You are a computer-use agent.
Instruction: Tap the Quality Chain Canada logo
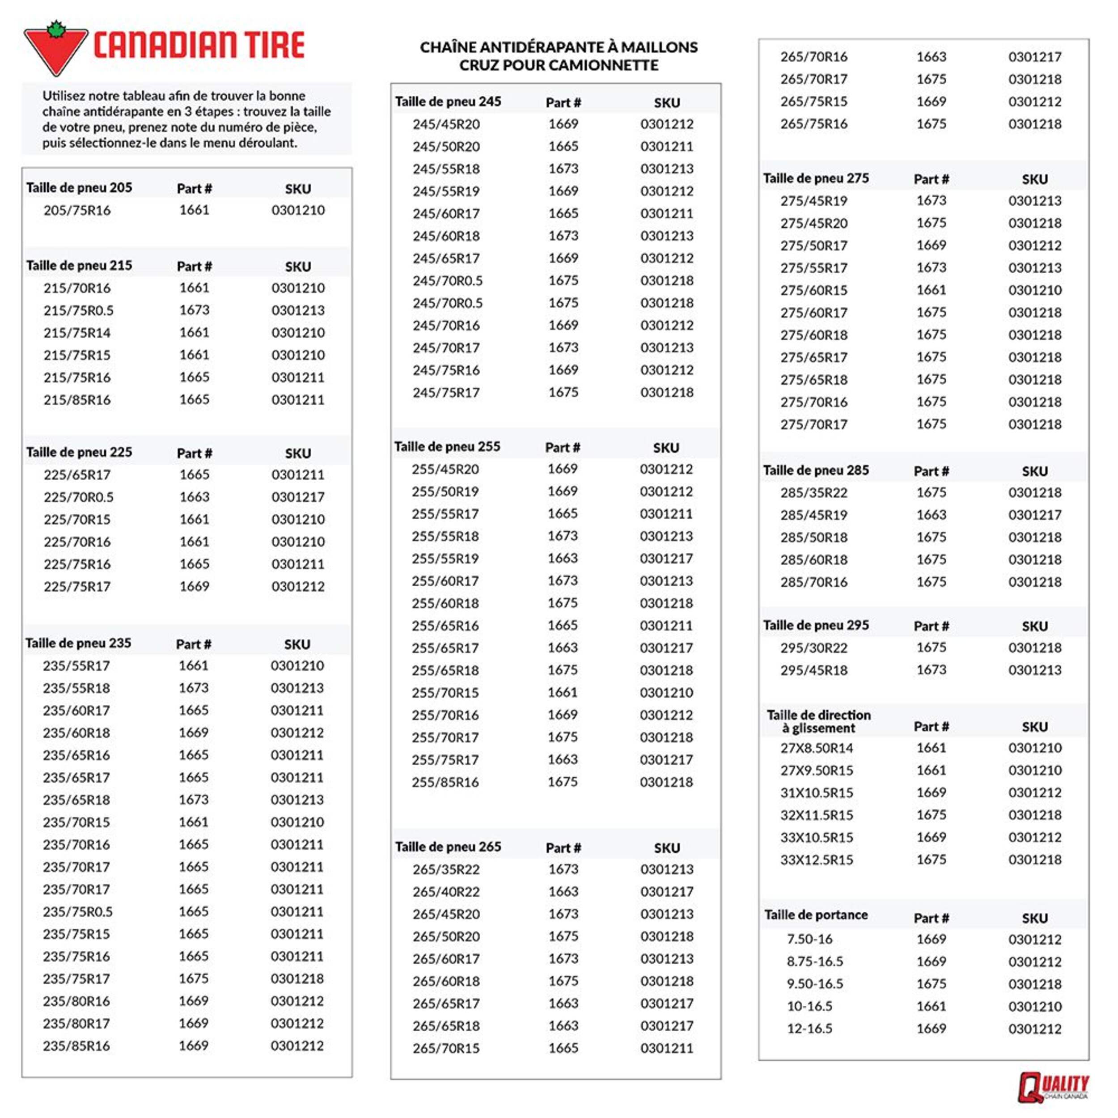1053,1087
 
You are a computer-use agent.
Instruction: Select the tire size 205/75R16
77,210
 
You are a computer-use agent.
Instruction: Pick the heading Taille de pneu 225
79,452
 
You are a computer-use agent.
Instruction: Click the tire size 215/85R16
77,400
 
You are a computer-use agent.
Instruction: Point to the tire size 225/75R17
77,587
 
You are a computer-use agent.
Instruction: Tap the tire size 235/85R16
76,1046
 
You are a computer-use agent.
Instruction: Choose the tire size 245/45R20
446,124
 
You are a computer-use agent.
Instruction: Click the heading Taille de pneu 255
447,447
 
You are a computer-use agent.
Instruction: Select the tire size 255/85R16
445,782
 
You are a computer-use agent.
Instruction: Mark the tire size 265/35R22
446,869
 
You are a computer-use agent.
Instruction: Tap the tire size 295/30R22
813,648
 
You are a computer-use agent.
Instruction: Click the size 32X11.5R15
817,815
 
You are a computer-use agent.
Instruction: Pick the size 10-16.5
809,1006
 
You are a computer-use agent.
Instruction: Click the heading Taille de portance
816,915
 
